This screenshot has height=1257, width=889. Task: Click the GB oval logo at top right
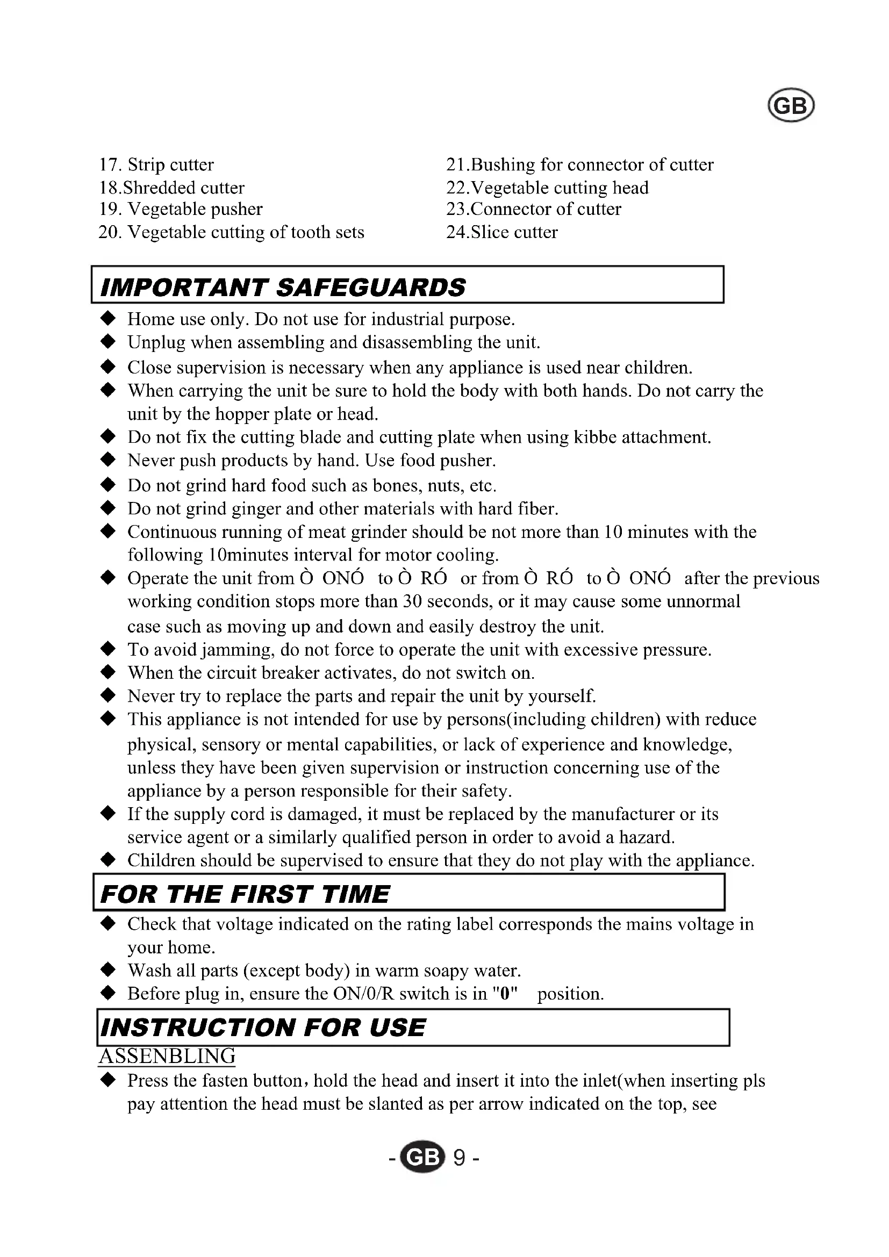(x=791, y=105)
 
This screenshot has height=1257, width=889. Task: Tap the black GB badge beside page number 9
(x=422, y=1158)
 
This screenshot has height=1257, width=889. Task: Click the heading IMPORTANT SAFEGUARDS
(x=283, y=288)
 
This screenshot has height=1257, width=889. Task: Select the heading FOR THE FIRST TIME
(x=245, y=894)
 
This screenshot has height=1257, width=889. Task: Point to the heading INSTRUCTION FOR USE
(x=263, y=1027)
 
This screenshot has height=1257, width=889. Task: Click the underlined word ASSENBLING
(x=167, y=1055)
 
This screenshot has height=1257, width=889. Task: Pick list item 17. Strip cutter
(x=156, y=164)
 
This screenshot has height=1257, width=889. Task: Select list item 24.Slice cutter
(x=502, y=232)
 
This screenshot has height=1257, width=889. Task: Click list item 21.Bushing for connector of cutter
(x=580, y=164)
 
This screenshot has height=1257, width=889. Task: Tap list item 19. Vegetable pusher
(x=181, y=209)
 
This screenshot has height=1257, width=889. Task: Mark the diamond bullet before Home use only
(x=109, y=318)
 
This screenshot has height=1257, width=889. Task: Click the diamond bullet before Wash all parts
(x=109, y=969)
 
